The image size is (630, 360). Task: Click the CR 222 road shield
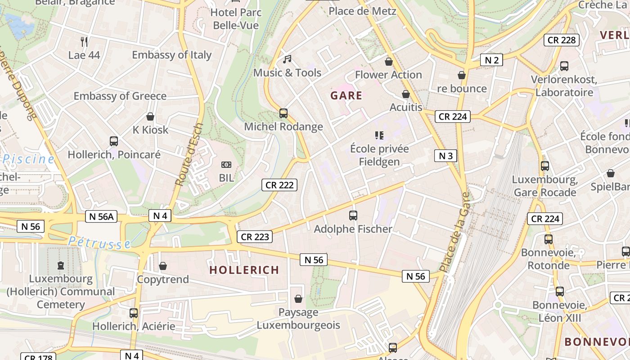279,185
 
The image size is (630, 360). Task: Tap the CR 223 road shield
255,237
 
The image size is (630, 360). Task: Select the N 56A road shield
101,216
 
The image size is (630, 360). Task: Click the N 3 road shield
445,156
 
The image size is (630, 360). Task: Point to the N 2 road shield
491,60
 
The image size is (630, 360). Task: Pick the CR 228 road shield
562,40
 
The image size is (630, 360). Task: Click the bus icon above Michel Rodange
283,113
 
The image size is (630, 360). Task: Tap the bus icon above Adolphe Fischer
353,216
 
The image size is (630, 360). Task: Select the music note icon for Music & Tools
287,59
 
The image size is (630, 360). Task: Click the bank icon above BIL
226,165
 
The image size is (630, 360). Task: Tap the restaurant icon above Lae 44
84,42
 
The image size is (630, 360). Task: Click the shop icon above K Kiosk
150,117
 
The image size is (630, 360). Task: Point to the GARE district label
346,95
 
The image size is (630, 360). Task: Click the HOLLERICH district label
244,270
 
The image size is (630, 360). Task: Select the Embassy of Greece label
120,96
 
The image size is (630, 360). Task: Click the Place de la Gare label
455,232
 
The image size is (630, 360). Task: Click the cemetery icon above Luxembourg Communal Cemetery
61,265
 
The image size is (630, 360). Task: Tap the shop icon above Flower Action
389,62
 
